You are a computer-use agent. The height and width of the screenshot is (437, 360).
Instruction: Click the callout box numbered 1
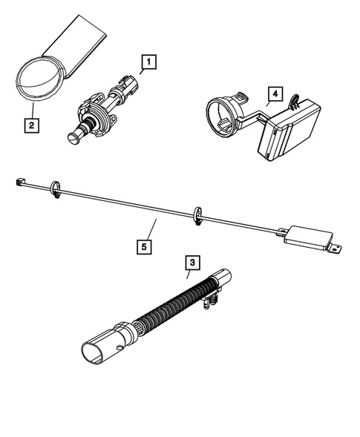click(148, 64)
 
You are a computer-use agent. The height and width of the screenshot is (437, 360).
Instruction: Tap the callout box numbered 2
click(30, 125)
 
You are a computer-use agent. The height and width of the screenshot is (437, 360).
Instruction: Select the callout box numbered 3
click(192, 262)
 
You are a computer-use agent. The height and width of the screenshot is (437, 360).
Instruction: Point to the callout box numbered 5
click(143, 243)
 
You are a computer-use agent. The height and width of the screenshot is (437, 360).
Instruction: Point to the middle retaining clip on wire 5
click(197, 214)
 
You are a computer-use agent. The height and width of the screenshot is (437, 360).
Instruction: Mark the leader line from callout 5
click(151, 229)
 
